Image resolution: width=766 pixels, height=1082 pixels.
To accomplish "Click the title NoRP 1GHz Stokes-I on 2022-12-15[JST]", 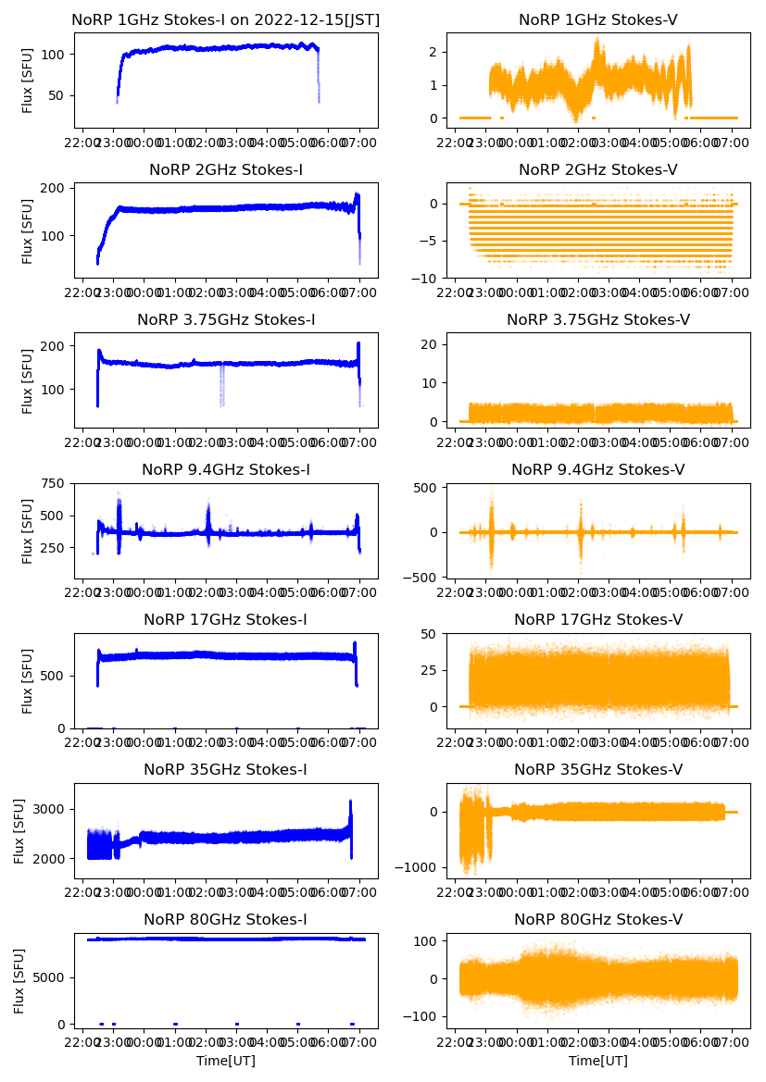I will [x=226, y=19].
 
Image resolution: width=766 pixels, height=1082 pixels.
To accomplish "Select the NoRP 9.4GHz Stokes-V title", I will [x=598, y=470].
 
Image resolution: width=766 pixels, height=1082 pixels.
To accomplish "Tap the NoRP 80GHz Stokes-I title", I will [x=226, y=919].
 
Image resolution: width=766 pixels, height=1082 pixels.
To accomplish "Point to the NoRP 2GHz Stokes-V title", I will [x=598, y=170].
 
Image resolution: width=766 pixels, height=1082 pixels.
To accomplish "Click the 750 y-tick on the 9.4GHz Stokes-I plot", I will [x=53, y=484].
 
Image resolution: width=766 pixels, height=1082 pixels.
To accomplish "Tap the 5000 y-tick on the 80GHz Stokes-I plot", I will [x=48, y=977].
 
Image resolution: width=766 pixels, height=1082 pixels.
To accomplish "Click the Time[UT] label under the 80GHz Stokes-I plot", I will [x=226, y=1061].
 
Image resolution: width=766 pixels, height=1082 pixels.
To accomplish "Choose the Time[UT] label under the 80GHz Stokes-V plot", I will [x=598, y=1061].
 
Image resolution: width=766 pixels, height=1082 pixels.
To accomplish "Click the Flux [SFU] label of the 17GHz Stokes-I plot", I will [x=28, y=681].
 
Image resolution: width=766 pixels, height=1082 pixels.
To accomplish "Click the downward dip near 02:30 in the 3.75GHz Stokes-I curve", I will [x=222, y=389].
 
